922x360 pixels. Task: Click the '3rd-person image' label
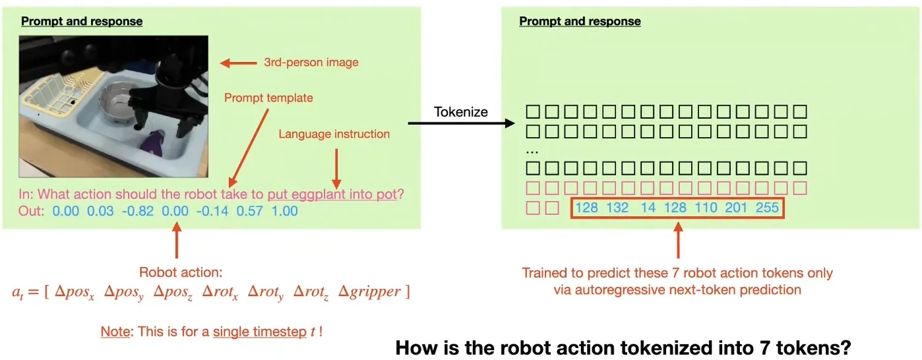click(311, 63)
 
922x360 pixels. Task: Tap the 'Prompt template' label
click(268, 98)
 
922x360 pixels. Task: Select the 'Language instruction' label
click(334, 134)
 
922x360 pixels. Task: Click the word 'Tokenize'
click(460, 111)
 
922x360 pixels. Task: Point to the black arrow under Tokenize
click(460, 123)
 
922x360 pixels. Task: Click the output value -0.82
click(140, 212)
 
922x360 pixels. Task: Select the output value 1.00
click(285, 212)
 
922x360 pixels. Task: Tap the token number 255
click(767, 208)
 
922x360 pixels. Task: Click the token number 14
click(648, 208)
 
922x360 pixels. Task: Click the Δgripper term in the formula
click(369, 291)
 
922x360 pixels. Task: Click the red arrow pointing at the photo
click(237, 63)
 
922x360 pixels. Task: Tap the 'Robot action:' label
click(175, 272)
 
